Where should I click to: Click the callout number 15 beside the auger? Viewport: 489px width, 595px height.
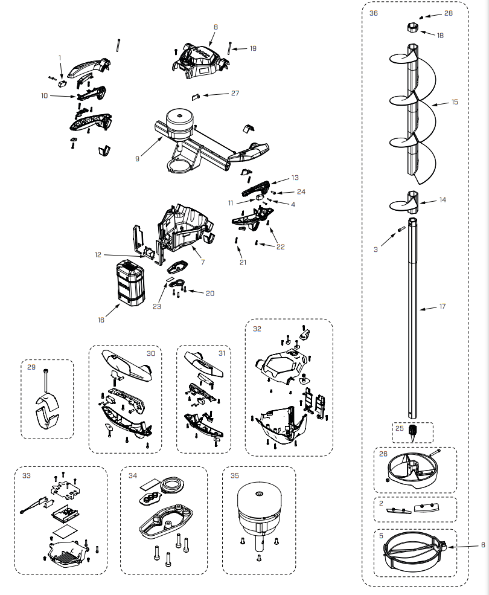pos(455,102)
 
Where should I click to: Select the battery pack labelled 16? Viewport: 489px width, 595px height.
pos(132,283)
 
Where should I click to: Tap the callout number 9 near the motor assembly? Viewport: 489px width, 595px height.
pos(138,159)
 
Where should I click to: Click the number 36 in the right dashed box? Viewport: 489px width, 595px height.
pos(374,13)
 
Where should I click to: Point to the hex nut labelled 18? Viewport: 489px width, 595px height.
pos(412,28)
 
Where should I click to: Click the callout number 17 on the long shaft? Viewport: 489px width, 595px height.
pos(443,307)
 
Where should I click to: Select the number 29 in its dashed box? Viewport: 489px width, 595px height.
pos(31,367)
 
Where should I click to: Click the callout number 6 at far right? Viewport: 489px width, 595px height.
pos(483,545)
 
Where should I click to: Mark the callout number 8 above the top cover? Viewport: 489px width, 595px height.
pos(216,27)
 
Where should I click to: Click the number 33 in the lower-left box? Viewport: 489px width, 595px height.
pos(26,475)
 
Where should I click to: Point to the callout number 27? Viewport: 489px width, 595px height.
pos(235,94)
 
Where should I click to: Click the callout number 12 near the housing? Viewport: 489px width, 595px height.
pos(98,255)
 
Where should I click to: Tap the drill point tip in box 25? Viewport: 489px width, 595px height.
pos(413,433)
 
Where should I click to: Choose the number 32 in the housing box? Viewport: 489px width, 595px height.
pos(257,329)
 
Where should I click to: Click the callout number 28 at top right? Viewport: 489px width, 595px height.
pos(449,13)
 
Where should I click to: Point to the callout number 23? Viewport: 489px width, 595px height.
pos(157,306)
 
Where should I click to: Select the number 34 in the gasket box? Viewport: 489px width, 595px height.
pos(132,475)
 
